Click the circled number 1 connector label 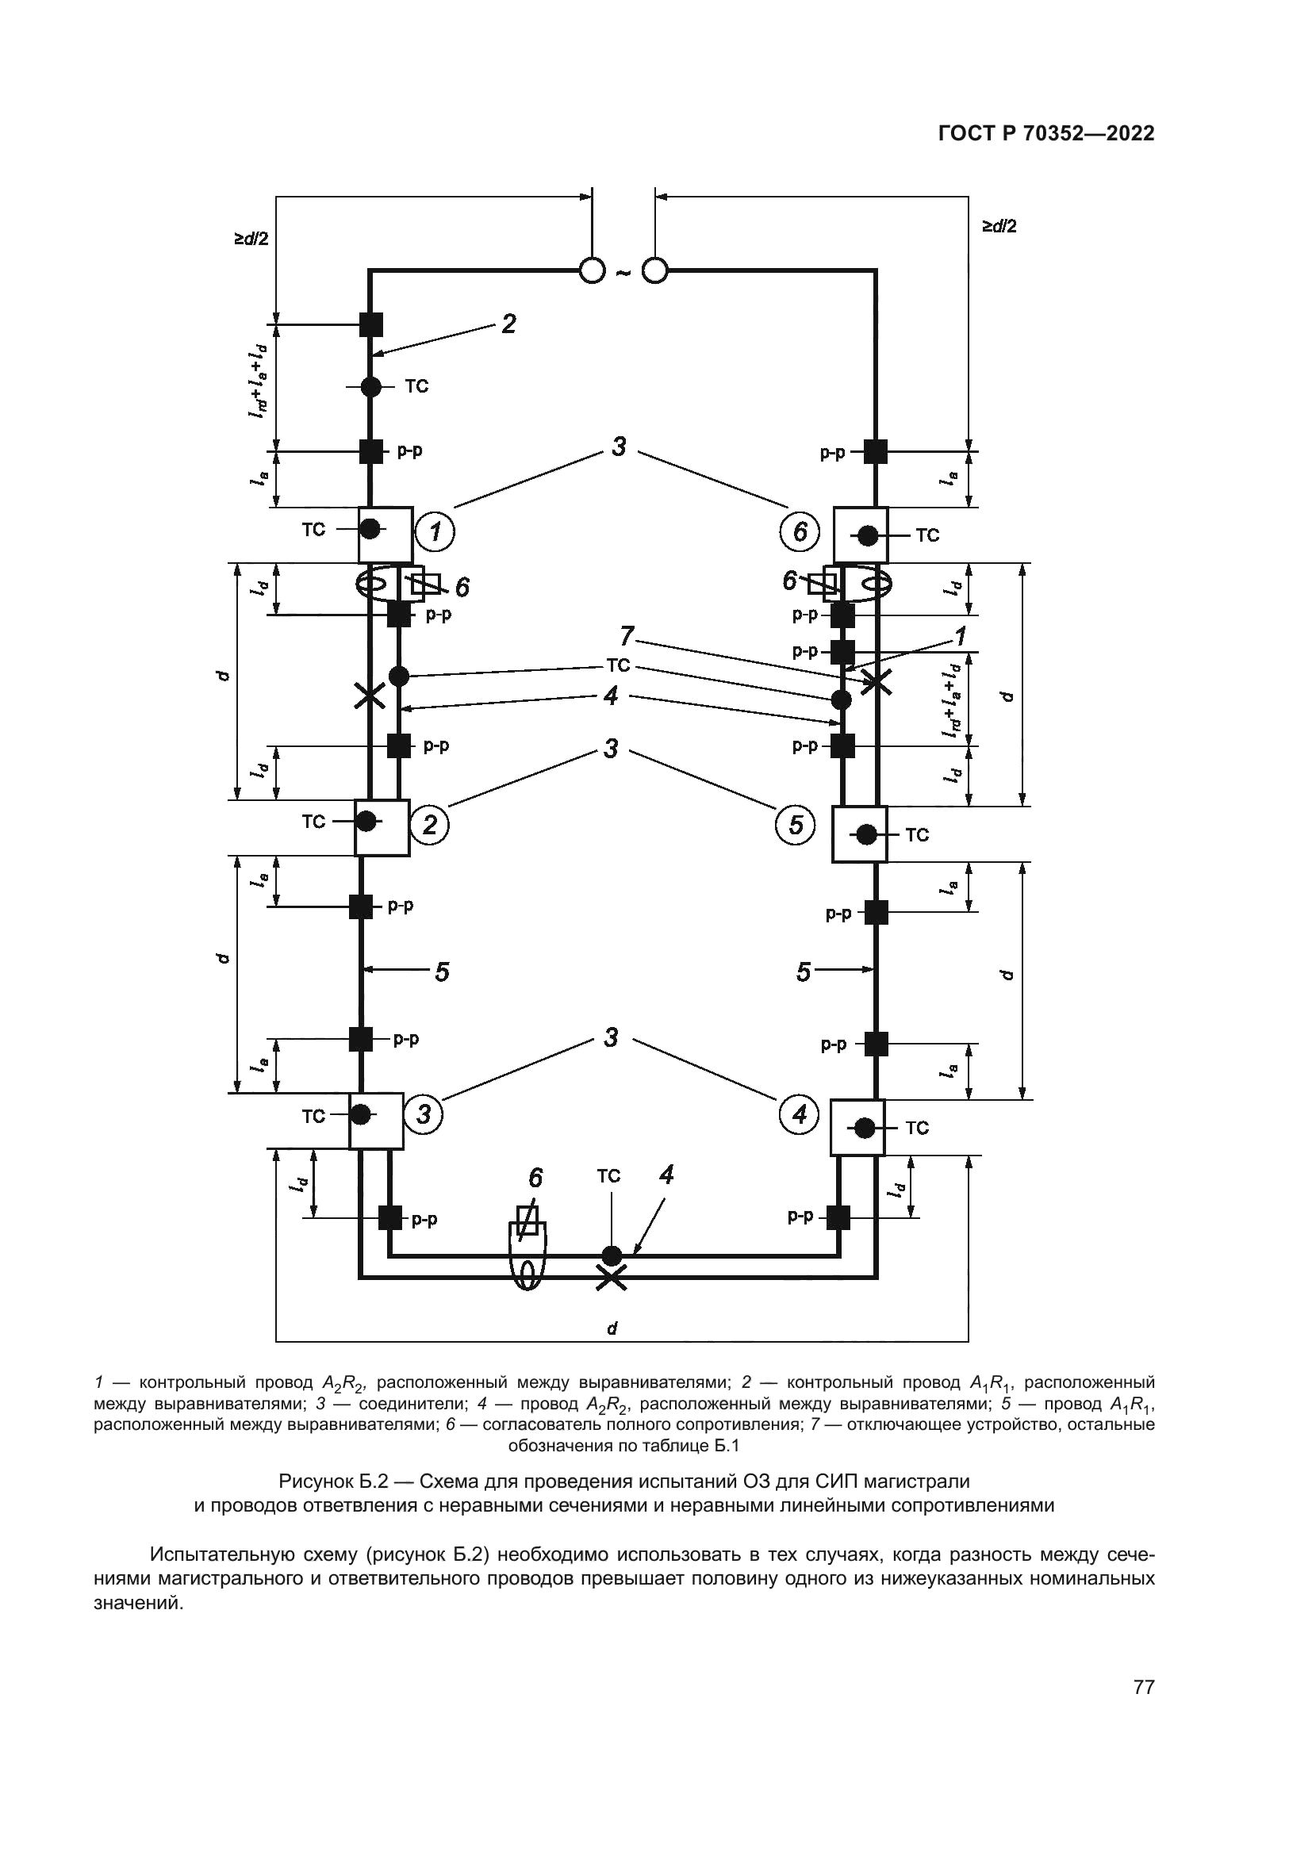[x=435, y=531]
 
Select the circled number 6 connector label [x=800, y=531]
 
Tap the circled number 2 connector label [x=429, y=824]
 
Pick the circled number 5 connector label [x=796, y=824]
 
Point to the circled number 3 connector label [x=424, y=1115]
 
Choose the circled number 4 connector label [x=799, y=1115]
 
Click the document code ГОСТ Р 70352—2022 [x=1046, y=134]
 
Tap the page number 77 [x=1144, y=1709]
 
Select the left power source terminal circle [x=593, y=270]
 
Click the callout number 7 [x=627, y=637]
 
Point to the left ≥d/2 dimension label [x=251, y=240]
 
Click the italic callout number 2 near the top [x=508, y=324]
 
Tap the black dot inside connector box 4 [x=865, y=1127]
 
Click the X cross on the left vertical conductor [x=370, y=695]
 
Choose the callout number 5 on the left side [x=442, y=972]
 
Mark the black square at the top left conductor [x=370, y=324]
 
